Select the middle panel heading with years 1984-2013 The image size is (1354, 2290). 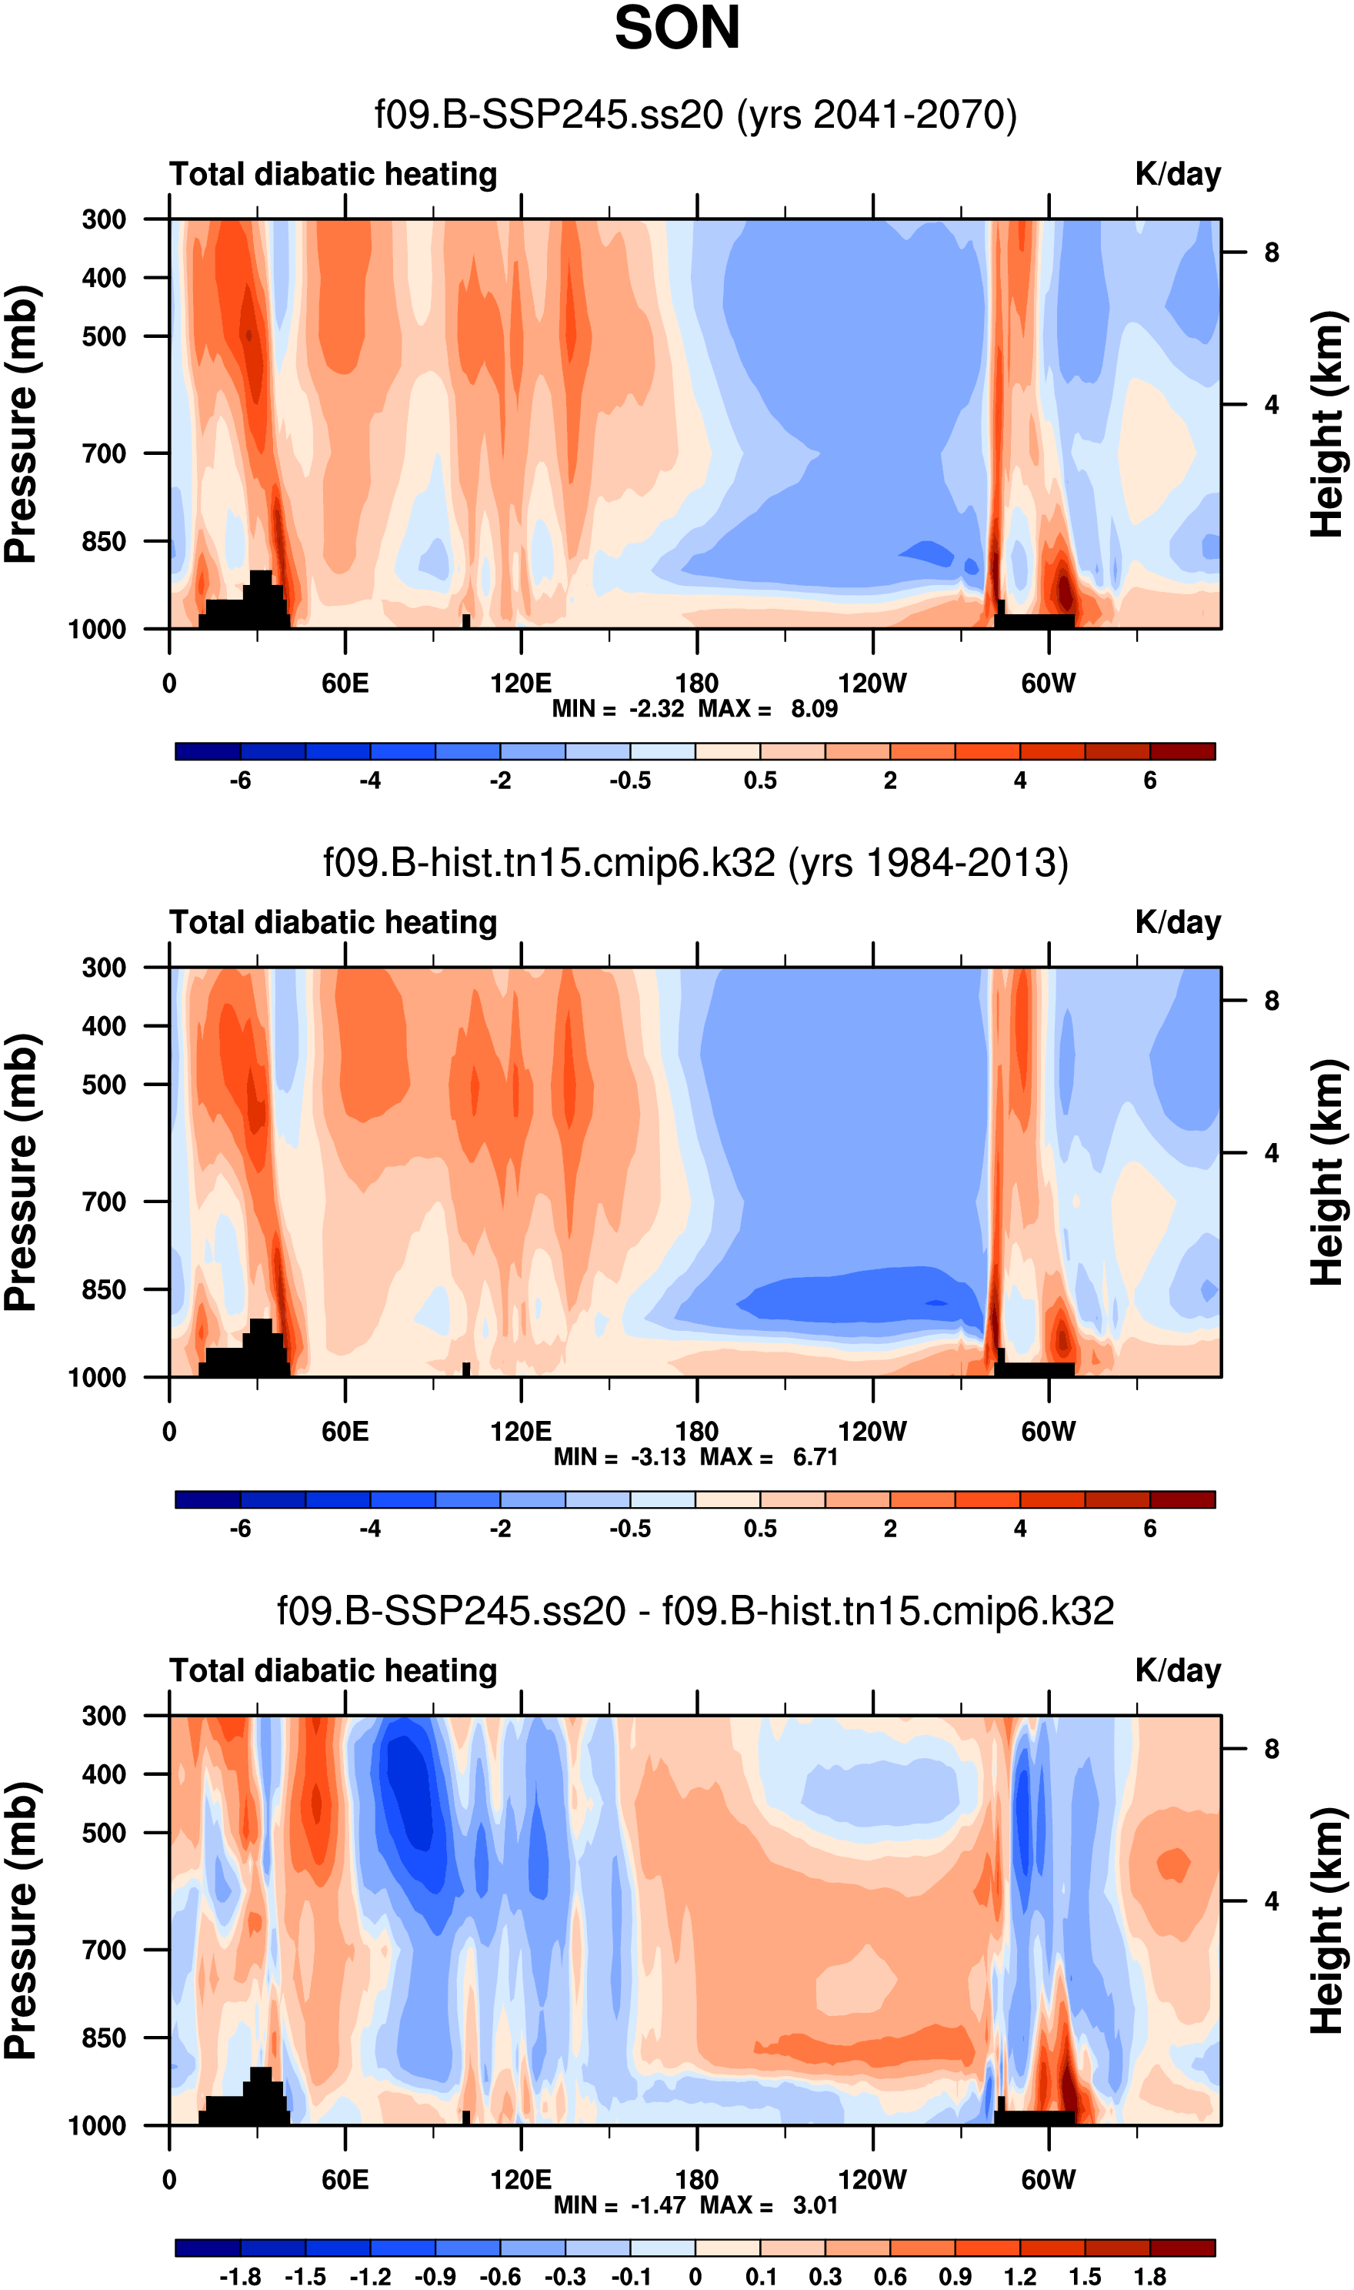point(695,864)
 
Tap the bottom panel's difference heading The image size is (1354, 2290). point(695,1612)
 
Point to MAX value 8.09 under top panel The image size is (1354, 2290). point(814,709)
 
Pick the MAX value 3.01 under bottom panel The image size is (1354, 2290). point(815,2206)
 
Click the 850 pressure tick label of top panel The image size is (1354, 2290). point(104,542)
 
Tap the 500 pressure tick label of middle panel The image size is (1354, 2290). point(104,1085)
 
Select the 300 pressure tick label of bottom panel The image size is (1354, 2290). point(104,1717)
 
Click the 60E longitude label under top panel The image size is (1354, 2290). point(345,684)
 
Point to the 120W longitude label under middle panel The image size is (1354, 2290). point(872,1432)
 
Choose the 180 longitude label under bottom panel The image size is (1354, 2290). point(697,2181)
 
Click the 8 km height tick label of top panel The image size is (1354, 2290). point(1271,252)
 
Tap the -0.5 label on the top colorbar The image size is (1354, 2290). point(631,781)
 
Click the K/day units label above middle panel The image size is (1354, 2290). point(1177,923)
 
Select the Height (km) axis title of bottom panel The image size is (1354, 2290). point(1329,1921)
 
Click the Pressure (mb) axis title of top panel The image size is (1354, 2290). point(22,424)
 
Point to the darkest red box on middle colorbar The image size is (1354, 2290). point(1182,1499)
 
